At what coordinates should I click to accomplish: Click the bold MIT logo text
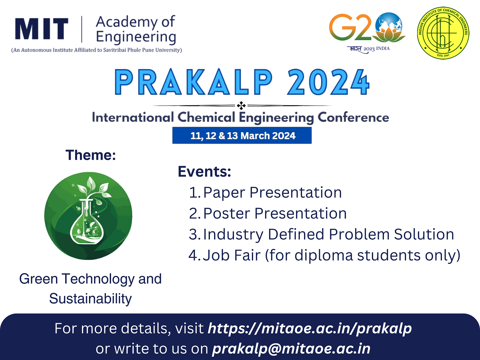pos(42,28)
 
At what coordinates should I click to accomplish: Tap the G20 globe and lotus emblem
pos(389,27)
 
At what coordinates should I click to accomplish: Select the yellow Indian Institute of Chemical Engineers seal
pos(443,33)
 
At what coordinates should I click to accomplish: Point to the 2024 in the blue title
pos(328,82)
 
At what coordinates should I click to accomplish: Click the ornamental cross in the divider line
pos(241,106)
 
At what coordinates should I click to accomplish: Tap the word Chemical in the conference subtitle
pos(206,117)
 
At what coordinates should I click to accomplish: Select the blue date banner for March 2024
pos(242,135)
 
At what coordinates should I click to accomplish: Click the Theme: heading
pos(91,155)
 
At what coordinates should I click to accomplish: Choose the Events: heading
pos(204,172)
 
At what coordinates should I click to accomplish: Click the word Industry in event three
pos(233,235)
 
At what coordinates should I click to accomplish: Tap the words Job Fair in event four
pos(232,255)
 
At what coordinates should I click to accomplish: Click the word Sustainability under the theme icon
pos(91,299)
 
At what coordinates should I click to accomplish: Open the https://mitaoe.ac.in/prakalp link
pos(310,329)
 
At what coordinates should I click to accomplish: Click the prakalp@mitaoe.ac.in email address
pos(291,348)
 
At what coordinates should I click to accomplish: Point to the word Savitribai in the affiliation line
pos(115,50)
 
